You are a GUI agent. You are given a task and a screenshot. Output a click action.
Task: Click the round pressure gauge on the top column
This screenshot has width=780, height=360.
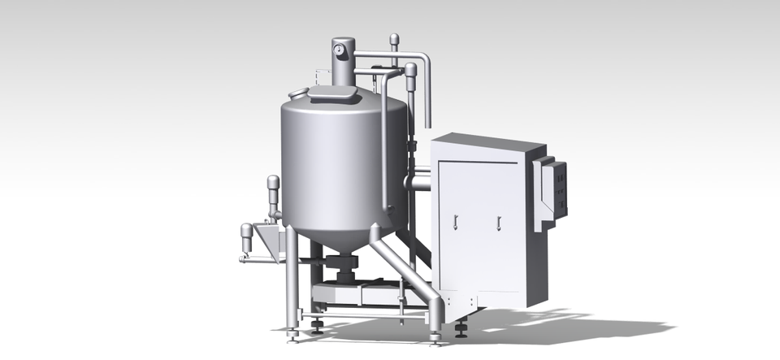pyautogui.click(x=338, y=50)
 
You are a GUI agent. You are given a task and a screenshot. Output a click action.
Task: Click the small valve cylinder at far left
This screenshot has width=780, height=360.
pyautogui.click(x=246, y=236)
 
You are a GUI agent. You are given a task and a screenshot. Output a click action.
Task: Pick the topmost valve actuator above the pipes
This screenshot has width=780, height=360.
pyautogui.click(x=394, y=41)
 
